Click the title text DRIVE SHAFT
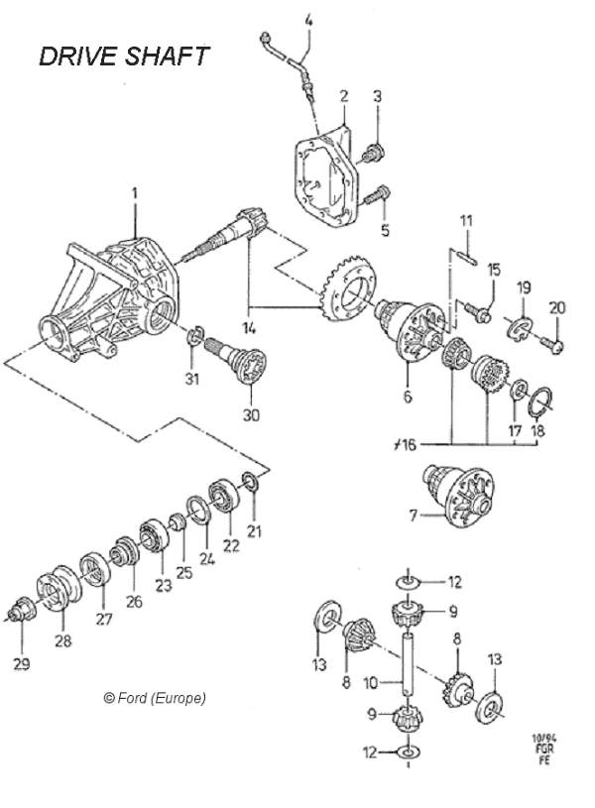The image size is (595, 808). point(124,56)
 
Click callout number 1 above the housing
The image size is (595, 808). point(136,191)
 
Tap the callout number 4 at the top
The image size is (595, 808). point(308,20)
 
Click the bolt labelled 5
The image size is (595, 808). point(376,196)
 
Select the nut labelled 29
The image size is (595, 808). point(19,612)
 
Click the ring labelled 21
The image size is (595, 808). point(251,484)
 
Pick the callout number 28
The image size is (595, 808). point(62,641)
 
